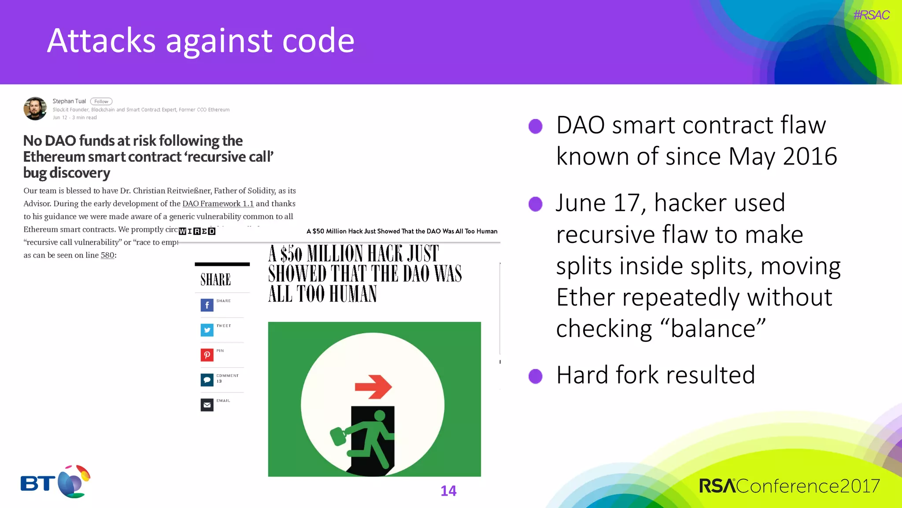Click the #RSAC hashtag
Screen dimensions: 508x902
(x=871, y=15)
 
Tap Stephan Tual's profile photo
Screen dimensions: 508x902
(x=35, y=108)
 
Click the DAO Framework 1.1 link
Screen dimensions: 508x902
(x=218, y=204)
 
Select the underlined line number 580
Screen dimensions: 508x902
(x=107, y=255)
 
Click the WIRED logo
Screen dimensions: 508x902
(x=197, y=231)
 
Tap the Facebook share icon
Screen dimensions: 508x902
(x=207, y=305)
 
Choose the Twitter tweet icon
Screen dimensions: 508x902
(x=207, y=330)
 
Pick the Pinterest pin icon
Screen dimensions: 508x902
(x=207, y=355)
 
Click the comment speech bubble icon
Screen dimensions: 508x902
(x=207, y=380)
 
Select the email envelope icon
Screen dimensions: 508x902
(x=207, y=405)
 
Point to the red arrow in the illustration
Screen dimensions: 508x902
(x=373, y=387)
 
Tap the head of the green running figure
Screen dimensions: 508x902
(x=379, y=415)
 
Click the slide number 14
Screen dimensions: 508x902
(x=448, y=491)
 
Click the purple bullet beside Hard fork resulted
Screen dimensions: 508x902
(x=536, y=376)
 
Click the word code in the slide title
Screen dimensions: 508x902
(x=318, y=41)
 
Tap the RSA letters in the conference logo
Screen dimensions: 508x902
(x=717, y=486)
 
